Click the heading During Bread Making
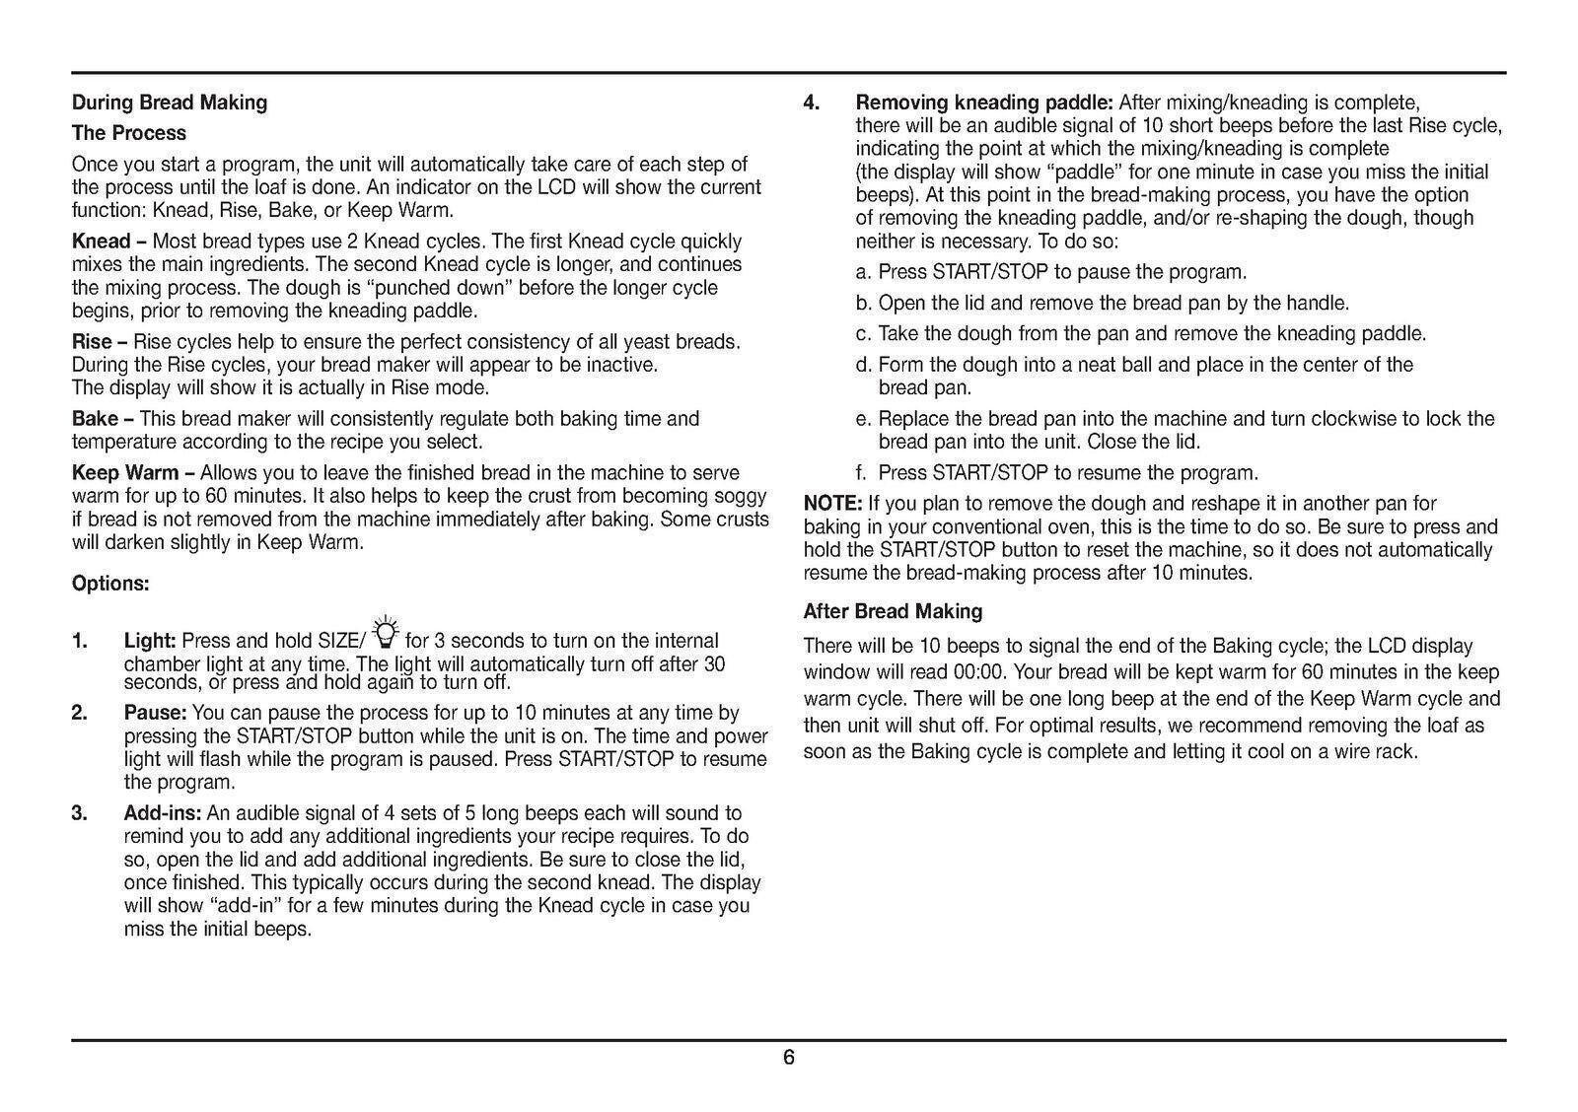click(x=170, y=103)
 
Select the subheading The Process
click(x=129, y=133)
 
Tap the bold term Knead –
click(x=108, y=242)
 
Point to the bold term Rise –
click(x=100, y=342)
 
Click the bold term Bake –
click(x=103, y=419)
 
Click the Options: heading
click(x=110, y=584)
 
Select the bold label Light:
click(x=150, y=641)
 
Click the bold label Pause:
click(x=155, y=713)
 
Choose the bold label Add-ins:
click(x=163, y=813)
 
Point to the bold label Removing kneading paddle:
click(x=984, y=103)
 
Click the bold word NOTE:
click(x=832, y=505)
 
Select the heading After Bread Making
click(x=893, y=611)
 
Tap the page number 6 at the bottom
click(x=789, y=1058)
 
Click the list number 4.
click(x=812, y=103)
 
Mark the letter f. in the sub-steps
click(x=862, y=473)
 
